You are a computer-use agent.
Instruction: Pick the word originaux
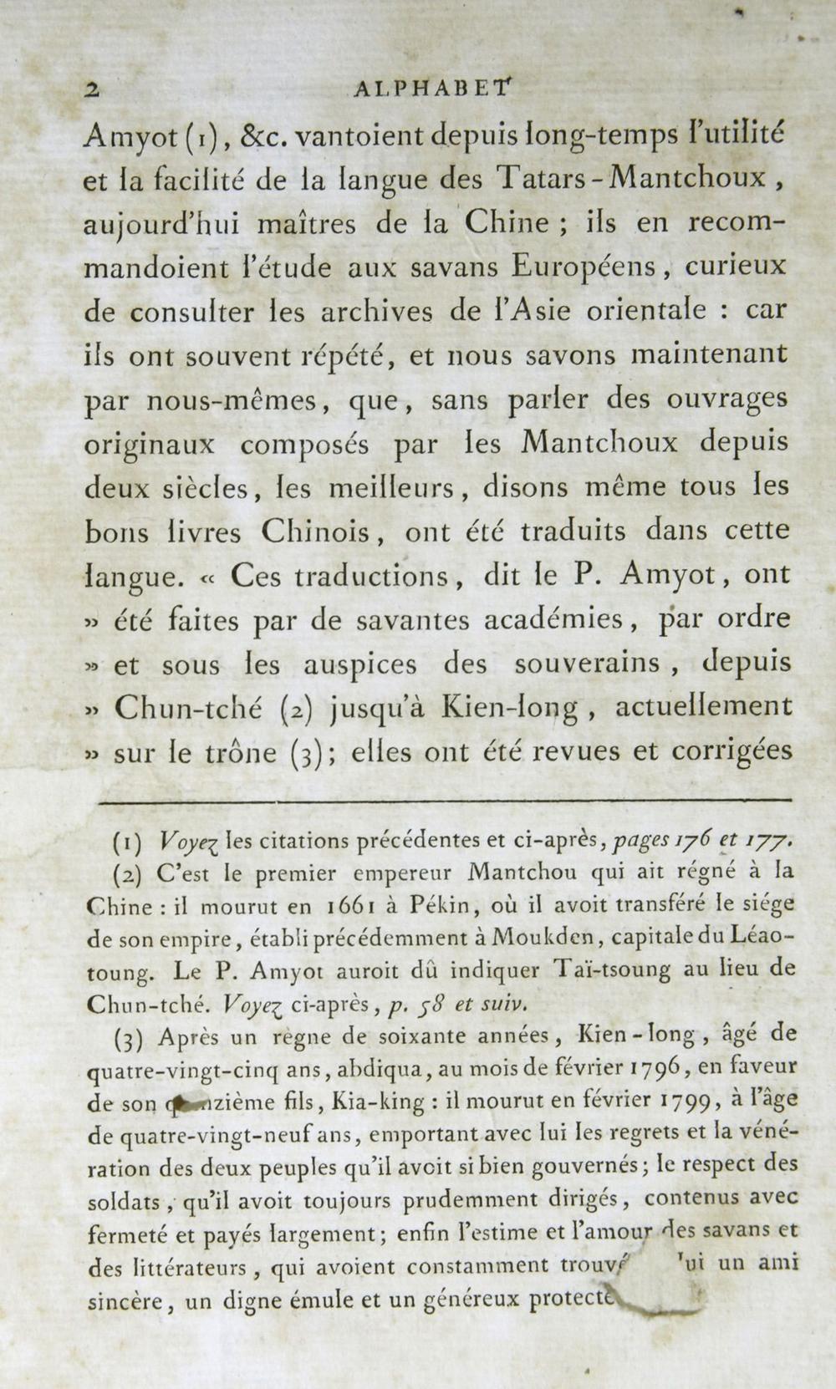pyautogui.click(x=150, y=444)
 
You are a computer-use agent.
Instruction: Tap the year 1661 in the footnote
pyautogui.click(x=339, y=907)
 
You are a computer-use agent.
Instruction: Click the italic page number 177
pyautogui.click(x=762, y=842)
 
